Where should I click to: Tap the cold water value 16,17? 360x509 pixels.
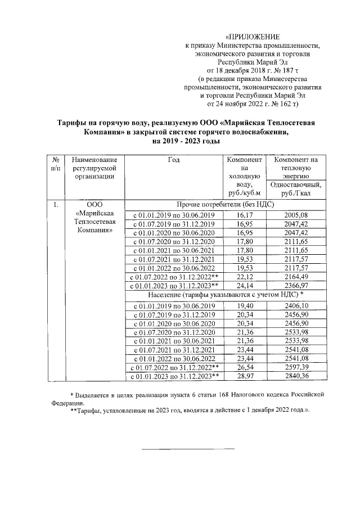(245, 215)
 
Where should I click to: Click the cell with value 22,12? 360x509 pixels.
(245, 277)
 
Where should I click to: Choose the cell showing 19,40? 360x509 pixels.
(245, 305)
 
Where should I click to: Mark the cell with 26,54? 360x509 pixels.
(245, 367)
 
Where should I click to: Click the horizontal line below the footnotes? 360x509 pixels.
(187, 449)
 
